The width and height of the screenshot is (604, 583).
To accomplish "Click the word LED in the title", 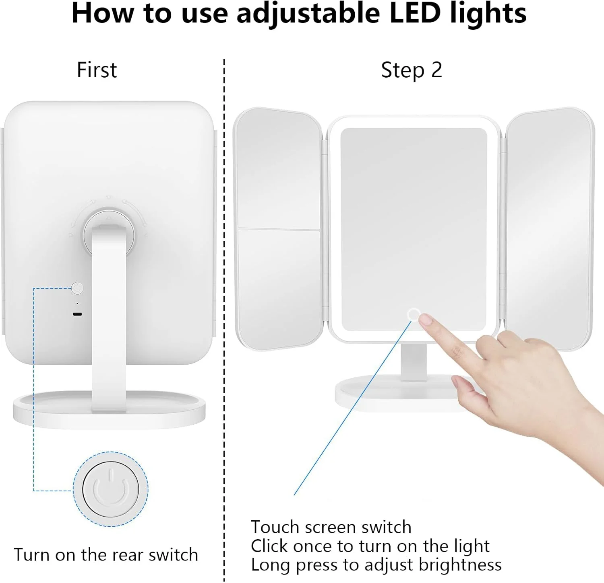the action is tap(415, 13).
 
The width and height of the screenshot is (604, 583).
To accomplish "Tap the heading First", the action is tap(97, 70).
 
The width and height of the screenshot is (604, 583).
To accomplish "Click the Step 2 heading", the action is tap(412, 70).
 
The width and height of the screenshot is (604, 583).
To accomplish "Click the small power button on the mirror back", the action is tap(77, 288).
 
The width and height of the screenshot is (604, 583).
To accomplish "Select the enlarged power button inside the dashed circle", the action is tap(111, 489).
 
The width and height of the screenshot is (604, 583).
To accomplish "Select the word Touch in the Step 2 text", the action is tap(275, 527).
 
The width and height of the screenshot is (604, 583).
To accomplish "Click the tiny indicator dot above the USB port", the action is tap(77, 304).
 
